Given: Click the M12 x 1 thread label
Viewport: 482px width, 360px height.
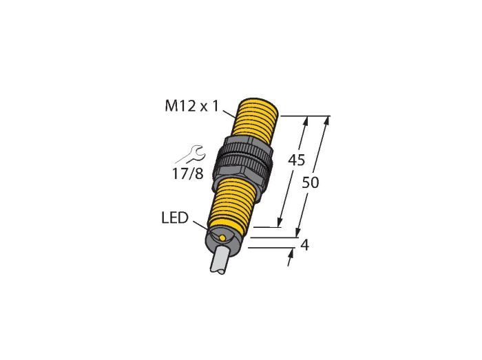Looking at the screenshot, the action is click(x=192, y=107).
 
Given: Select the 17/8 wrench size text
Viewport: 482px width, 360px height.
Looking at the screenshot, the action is click(x=187, y=174).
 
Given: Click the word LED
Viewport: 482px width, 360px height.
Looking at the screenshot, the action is click(x=175, y=218).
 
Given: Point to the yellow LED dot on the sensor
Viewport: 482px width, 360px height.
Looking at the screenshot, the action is click(x=222, y=237).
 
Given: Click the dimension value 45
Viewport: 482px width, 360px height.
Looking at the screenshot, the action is click(x=296, y=160).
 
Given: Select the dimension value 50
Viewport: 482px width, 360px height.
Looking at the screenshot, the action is click(x=311, y=182).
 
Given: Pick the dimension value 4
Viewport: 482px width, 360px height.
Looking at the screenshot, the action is click(x=304, y=245).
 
